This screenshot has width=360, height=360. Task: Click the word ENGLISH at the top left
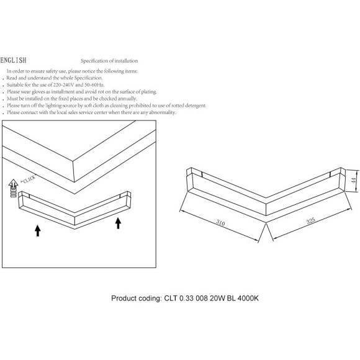(x=13, y=60)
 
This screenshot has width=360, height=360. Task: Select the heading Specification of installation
(x=109, y=61)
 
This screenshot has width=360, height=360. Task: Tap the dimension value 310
(x=220, y=222)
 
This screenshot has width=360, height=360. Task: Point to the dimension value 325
(x=310, y=220)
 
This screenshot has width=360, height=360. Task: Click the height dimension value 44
(x=354, y=180)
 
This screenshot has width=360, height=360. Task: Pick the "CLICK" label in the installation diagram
(x=28, y=179)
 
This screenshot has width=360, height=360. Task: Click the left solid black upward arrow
(x=38, y=231)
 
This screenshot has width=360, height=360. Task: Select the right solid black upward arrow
(x=118, y=223)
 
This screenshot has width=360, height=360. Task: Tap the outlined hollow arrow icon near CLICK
(x=13, y=188)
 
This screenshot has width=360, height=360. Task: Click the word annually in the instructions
(x=127, y=99)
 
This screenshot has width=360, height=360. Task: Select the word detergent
(x=196, y=106)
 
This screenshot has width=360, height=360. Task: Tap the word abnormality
(x=163, y=112)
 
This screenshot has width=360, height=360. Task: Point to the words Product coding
(x=137, y=298)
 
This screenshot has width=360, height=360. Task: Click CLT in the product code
(x=171, y=298)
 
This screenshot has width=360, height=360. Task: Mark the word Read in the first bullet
(x=11, y=78)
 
